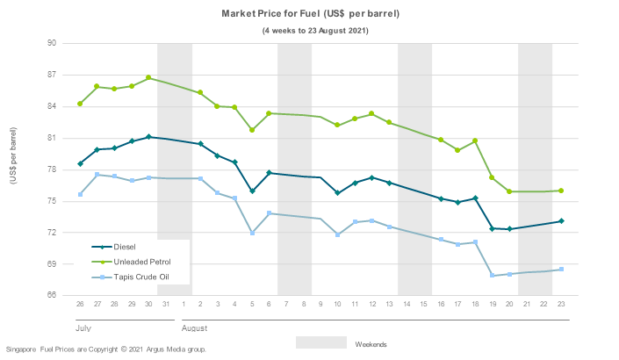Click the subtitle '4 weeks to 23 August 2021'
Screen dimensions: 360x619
[316, 30]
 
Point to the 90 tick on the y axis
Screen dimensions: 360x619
[51, 43]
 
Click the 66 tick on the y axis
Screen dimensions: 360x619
[51, 295]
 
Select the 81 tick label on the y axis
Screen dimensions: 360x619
[51, 138]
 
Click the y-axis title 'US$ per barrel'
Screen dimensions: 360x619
[14, 169]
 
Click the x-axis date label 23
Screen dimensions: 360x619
[561, 304]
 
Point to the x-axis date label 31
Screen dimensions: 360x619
[166, 304]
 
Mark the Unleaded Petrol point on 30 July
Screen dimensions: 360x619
[149, 78]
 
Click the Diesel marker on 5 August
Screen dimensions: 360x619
[252, 191]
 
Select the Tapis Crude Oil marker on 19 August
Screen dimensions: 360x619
[493, 276]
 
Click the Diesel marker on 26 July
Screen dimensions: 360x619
[80, 163]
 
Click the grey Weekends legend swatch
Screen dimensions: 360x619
[320, 342]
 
